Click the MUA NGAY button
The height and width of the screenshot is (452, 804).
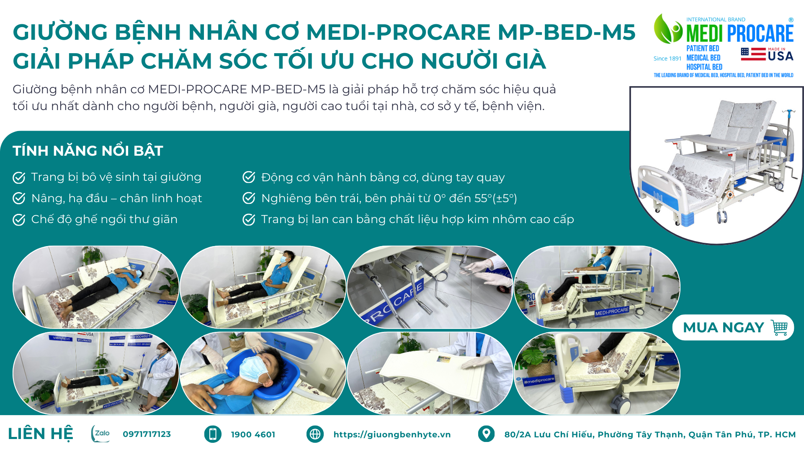(733, 327)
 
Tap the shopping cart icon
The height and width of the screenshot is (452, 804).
(779, 328)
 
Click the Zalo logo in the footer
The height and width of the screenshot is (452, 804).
(100, 434)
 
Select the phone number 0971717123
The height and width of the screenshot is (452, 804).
(147, 434)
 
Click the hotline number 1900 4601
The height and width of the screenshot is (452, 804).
(253, 434)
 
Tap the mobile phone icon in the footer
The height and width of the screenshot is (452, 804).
(213, 434)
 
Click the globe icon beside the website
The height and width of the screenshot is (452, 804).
(315, 434)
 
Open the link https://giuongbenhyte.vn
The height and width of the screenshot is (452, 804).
(392, 434)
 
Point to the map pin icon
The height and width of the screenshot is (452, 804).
(486, 434)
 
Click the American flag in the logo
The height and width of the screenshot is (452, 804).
(753, 54)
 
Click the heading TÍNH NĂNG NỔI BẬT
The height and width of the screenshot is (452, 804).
(88, 151)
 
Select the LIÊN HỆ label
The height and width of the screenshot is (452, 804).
(41, 434)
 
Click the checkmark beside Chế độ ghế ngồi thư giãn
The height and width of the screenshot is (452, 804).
(19, 219)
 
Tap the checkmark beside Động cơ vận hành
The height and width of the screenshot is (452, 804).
(249, 177)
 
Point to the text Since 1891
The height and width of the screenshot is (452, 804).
(667, 59)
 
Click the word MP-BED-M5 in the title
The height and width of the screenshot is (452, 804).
(567, 32)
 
